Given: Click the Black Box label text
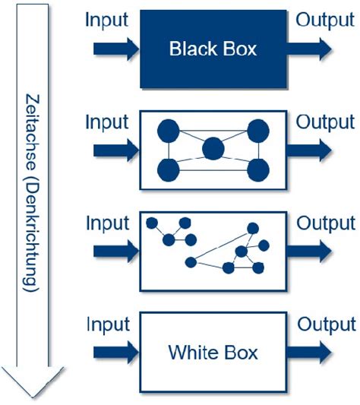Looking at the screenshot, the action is pos(213,49).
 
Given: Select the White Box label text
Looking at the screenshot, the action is pos(213,353).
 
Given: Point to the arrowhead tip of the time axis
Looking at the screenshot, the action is pos(33,397).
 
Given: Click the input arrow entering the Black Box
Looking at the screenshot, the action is pos(116,49).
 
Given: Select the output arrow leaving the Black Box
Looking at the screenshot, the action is pos(309,49).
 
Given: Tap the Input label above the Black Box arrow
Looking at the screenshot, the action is pos(106,20).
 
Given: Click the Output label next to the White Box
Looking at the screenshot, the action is pos(327,324).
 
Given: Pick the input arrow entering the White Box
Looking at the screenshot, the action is pos(116,353).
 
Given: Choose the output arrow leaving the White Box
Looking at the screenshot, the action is pos(309,353).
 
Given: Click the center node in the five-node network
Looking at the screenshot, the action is pos(213,148).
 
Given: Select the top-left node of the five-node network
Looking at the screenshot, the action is pos(169,131).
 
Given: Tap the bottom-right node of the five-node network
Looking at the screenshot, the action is pos(258,170).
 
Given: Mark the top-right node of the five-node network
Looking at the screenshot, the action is pos(258,131).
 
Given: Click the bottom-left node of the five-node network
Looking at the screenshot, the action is pos(169,170).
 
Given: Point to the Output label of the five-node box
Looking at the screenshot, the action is pos(325,122).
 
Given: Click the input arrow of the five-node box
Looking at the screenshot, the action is pos(116,150).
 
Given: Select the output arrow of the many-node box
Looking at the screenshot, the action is pos(309,251).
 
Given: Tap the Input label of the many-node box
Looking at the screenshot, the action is pos(107,223).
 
